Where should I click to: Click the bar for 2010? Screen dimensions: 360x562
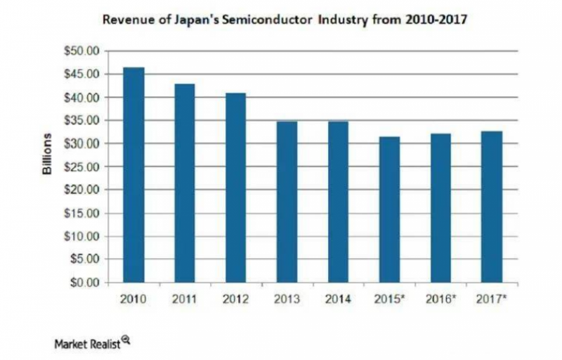coord(133,176)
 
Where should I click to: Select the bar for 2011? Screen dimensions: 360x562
coord(184,184)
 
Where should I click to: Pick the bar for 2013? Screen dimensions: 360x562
coord(287,202)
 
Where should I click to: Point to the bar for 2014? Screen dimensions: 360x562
coord(338,202)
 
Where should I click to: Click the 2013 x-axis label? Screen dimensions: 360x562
coord(287,298)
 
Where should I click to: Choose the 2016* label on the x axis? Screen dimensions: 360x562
coord(441,298)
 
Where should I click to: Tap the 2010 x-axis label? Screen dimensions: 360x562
coord(133,298)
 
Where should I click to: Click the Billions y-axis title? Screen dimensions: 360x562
coord(48,154)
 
